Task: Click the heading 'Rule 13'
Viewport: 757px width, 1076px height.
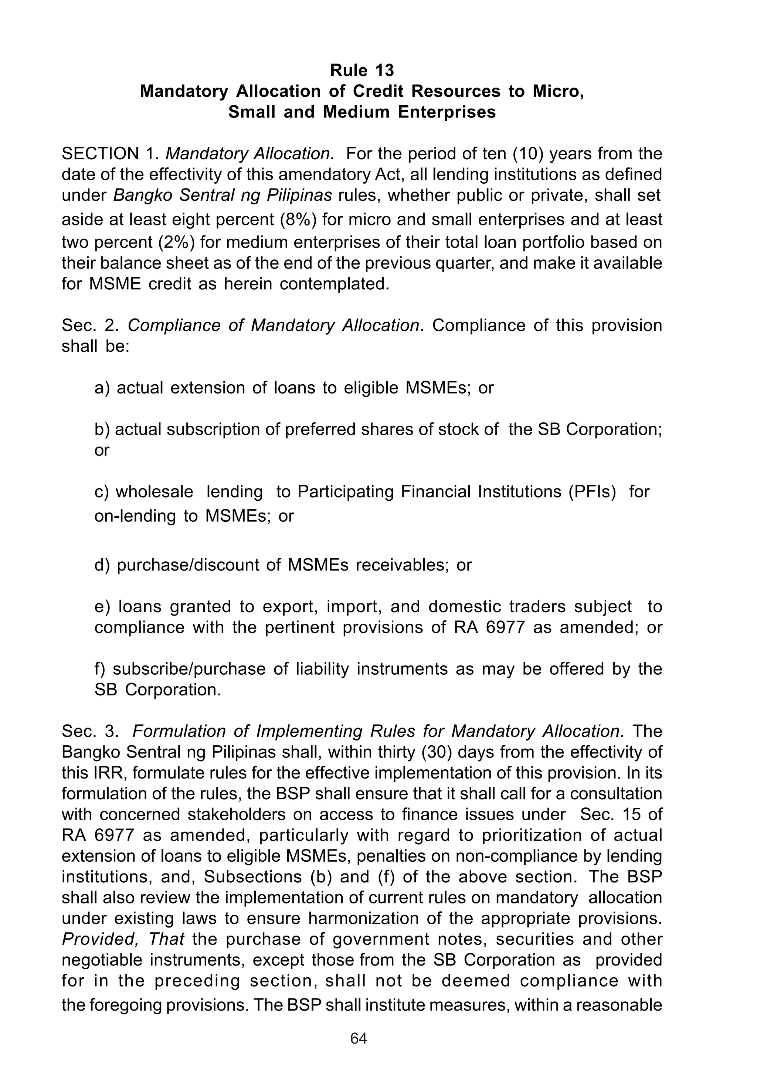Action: click(361, 70)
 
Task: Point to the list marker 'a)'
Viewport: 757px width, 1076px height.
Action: click(102, 388)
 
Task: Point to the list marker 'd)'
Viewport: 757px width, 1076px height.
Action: click(102, 565)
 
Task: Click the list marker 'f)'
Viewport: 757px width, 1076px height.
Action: click(100, 669)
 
